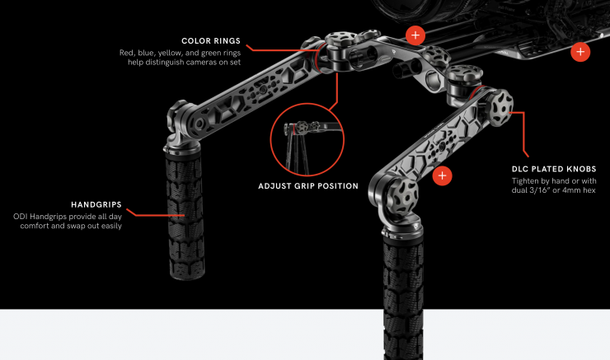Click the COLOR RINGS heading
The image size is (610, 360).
tap(211, 41)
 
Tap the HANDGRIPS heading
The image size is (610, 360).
tap(96, 204)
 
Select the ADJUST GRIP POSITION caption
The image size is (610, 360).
tap(308, 186)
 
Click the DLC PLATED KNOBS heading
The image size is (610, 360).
tap(554, 169)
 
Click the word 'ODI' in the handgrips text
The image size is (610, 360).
tap(21, 217)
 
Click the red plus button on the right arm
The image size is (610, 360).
tap(443, 175)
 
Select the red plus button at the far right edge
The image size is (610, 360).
tap(580, 52)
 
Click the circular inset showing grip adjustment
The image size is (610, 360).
tap(307, 139)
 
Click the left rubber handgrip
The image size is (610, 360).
tap(185, 214)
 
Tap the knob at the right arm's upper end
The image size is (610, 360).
tap(500, 108)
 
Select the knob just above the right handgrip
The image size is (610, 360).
tap(402, 196)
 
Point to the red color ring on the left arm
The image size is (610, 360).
tap(317, 58)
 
